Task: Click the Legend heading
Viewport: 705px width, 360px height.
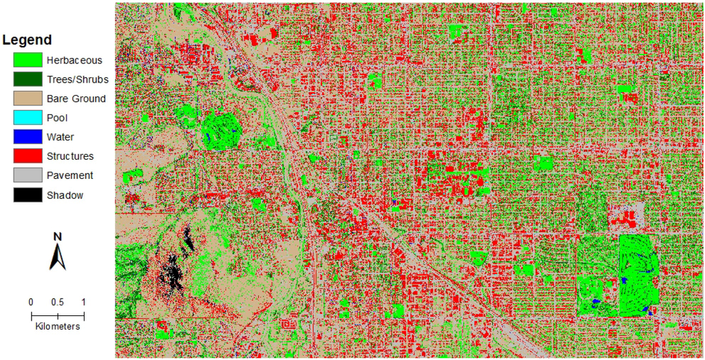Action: (27, 40)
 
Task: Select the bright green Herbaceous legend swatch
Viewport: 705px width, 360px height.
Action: (28, 60)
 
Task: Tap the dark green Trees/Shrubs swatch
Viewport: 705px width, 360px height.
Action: (28, 79)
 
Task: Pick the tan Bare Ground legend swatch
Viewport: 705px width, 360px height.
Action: (28, 98)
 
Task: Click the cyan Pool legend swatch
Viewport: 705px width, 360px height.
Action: (28, 118)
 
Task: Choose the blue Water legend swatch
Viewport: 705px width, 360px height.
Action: (28, 137)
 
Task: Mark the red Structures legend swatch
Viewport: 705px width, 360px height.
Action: (28, 156)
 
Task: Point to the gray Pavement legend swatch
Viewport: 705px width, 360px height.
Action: (28, 176)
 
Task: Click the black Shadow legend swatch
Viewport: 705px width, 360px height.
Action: (28, 195)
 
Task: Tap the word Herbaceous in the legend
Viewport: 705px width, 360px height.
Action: (74, 60)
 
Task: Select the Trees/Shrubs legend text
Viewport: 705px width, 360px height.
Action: (78, 79)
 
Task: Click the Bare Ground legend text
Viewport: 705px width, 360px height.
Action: (76, 98)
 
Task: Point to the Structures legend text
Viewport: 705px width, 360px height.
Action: (70, 156)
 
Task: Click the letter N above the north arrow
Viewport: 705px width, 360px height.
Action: (58, 237)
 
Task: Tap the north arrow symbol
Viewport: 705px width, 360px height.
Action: (58, 257)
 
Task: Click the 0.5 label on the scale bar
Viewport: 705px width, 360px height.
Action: (58, 302)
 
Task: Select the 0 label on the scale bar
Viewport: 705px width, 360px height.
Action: (31, 302)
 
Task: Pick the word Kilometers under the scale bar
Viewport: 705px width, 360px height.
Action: (58, 326)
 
